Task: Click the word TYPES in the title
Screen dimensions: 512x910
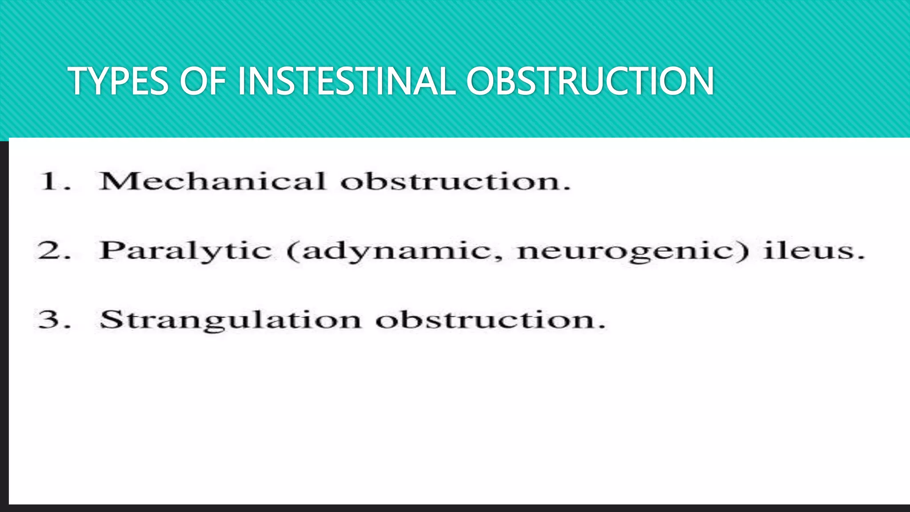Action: coord(118,81)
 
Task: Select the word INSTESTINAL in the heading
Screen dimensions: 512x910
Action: coord(347,81)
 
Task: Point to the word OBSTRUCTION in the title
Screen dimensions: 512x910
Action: coord(590,81)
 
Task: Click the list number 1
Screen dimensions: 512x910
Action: coord(50,181)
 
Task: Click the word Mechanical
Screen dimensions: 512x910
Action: coord(213,181)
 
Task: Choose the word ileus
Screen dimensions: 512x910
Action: coord(809,250)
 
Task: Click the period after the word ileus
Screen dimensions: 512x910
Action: coord(861,257)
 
